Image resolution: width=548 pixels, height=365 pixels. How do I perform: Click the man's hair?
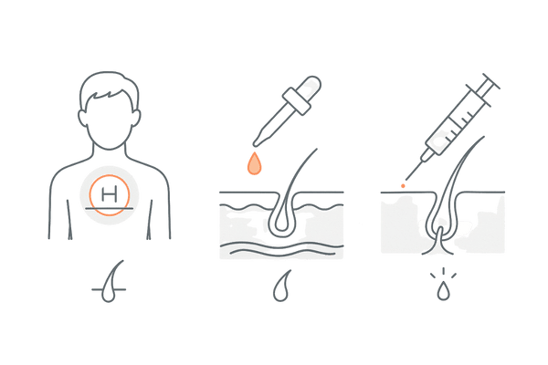point(110,88)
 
